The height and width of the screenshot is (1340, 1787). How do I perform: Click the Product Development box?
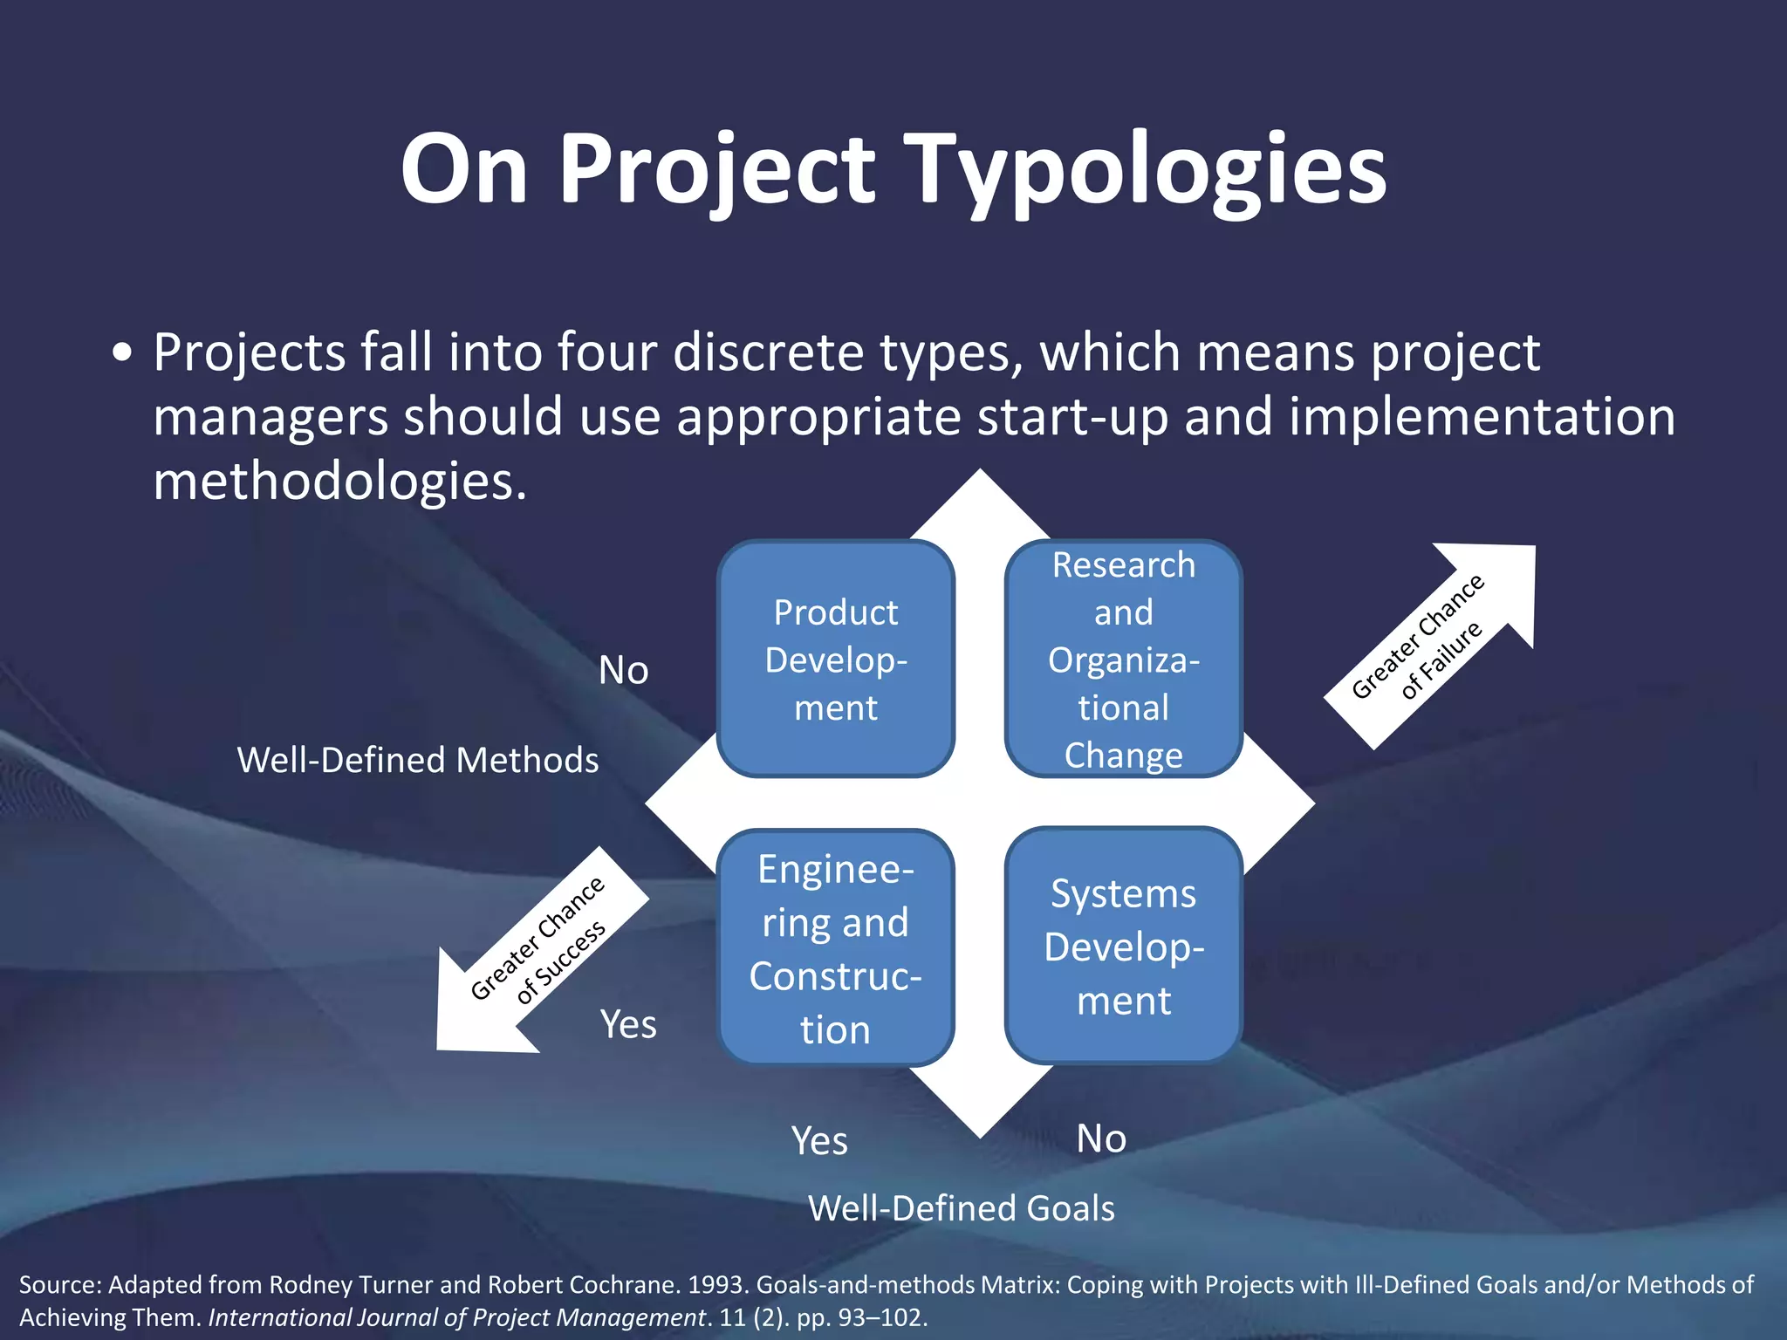pos(835,659)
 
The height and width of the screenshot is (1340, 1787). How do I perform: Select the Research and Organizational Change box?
pos(1123,659)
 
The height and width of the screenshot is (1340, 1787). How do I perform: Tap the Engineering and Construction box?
pos(835,948)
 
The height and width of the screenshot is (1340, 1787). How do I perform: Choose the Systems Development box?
pos(1123,947)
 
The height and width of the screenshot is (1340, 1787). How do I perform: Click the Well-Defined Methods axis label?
pos(418,760)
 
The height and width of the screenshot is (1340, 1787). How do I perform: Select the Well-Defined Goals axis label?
pos(961,1208)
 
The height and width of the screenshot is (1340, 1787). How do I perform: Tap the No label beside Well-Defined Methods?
pos(623,671)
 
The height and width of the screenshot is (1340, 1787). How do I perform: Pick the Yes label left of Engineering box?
pos(628,1024)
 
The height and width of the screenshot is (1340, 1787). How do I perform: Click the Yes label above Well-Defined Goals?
pos(818,1140)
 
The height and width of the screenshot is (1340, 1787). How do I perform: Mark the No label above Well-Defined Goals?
pos(1101,1138)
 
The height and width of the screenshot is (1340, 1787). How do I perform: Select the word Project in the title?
pos(715,170)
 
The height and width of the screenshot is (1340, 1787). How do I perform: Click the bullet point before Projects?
pos(123,353)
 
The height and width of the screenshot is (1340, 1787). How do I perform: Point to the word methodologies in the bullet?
pos(339,481)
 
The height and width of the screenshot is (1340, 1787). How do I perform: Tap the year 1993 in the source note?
pos(717,1285)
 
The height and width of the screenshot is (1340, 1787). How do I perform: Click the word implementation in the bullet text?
pos(1481,416)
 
